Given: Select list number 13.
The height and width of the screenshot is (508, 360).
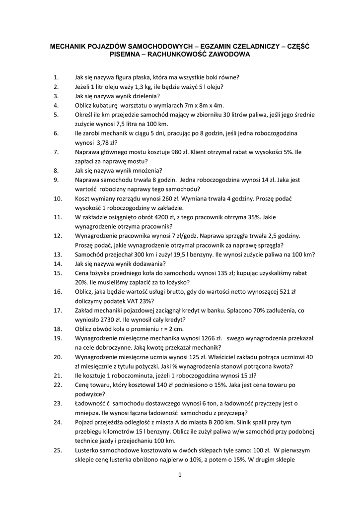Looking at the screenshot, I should click(57, 254).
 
